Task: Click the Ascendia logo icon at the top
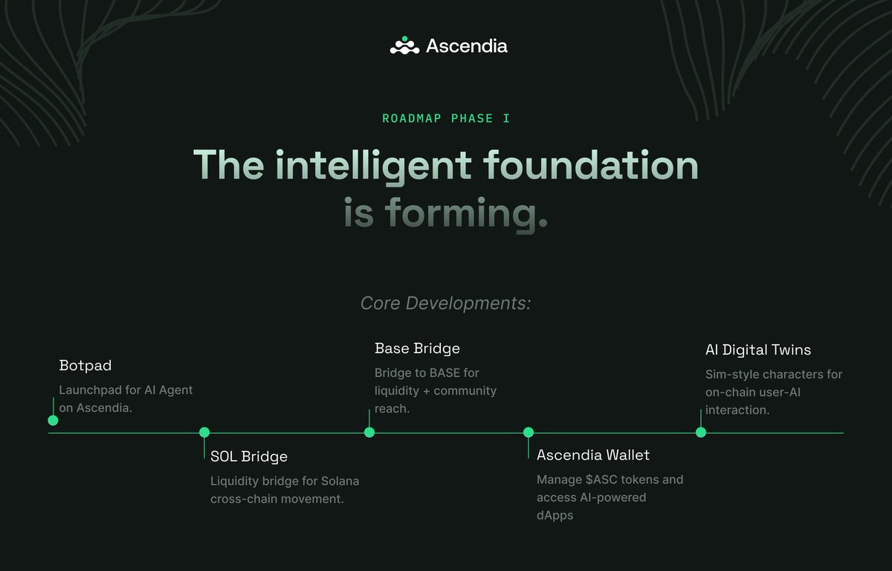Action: coord(405,46)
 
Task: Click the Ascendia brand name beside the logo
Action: coord(466,46)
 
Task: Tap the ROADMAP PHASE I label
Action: coord(446,118)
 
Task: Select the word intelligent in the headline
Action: coord(373,166)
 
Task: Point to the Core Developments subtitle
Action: coord(445,303)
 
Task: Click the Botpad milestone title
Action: coord(85,366)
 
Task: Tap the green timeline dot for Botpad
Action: coord(53,420)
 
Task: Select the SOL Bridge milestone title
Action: coord(248,456)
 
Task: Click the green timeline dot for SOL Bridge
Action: coord(204,432)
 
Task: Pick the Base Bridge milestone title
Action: coord(417,348)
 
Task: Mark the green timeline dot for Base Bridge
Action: coord(369,432)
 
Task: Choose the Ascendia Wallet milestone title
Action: coord(593,454)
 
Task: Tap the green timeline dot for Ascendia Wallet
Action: coord(529,432)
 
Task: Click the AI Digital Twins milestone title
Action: coord(758,349)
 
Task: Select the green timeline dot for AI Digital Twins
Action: coord(701,432)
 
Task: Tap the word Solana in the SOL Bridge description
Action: coord(340,481)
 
